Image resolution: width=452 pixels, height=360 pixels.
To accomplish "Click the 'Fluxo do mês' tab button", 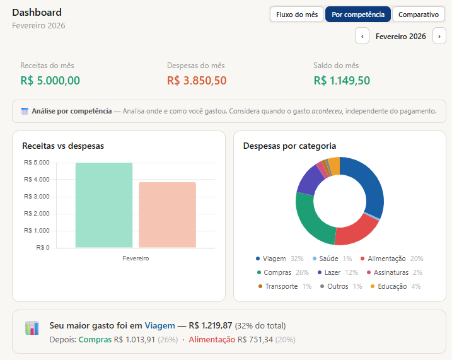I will tap(297, 15).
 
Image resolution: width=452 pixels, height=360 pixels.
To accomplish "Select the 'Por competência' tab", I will tap(357, 15).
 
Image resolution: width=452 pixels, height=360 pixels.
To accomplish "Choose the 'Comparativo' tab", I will tap(419, 15).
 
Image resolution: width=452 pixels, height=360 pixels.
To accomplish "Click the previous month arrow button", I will tap(362, 37).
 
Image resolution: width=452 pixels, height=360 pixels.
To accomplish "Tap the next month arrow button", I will tap(439, 37).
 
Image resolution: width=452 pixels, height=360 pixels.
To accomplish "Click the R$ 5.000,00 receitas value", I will tap(50, 81).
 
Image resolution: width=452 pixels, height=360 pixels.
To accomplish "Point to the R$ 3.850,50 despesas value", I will tap(197, 81).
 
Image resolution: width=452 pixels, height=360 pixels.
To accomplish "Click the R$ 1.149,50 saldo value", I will tap(342, 81).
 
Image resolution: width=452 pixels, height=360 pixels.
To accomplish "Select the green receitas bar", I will tap(104, 205).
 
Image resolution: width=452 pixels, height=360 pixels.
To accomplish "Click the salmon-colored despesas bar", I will tap(167, 214).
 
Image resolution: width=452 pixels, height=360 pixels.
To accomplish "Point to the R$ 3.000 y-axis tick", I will tap(37, 197).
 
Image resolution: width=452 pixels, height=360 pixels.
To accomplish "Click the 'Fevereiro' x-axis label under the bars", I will tap(136, 258).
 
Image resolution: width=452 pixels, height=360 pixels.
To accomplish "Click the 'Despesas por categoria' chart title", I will tap(289, 146).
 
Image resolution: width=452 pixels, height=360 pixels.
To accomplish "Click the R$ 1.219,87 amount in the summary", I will tap(211, 326).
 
